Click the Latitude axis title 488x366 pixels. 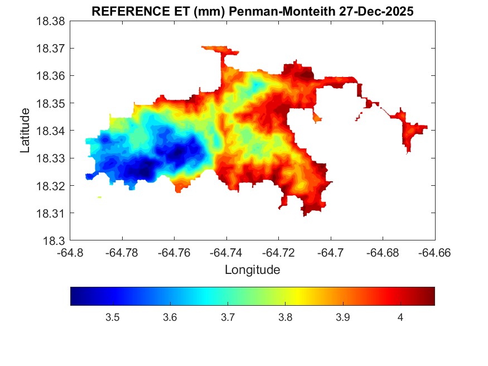(x=25, y=131)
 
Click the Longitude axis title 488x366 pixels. (x=252, y=270)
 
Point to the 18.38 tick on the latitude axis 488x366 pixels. (x=51, y=21)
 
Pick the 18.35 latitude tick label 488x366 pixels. (x=51, y=104)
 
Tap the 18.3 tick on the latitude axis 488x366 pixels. (x=54, y=241)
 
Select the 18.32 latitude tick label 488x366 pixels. (x=51, y=186)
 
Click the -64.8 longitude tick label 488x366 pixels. (x=70, y=252)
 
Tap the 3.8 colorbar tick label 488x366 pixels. (x=285, y=317)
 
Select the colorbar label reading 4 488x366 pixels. (x=400, y=317)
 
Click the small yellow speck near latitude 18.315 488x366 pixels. (x=99, y=197)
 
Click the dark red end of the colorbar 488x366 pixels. (x=430, y=296)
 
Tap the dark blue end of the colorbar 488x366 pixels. (x=75, y=296)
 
